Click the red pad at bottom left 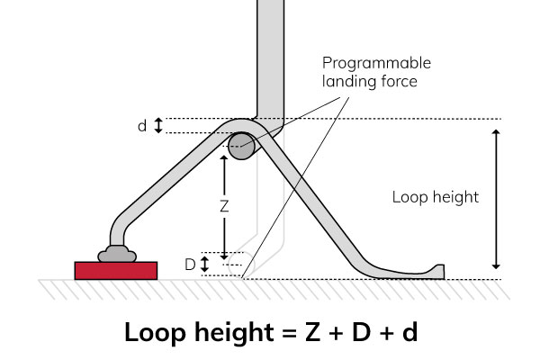[x=116, y=270]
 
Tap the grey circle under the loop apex [x=240, y=147]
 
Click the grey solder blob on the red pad [x=117, y=255]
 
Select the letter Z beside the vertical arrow [x=224, y=205]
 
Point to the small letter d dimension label [x=142, y=126]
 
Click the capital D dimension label [x=190, y=265]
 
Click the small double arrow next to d [x=159, y=126]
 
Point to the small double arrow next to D [x=205, y=265]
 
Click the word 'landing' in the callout [x=352, y=81]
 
